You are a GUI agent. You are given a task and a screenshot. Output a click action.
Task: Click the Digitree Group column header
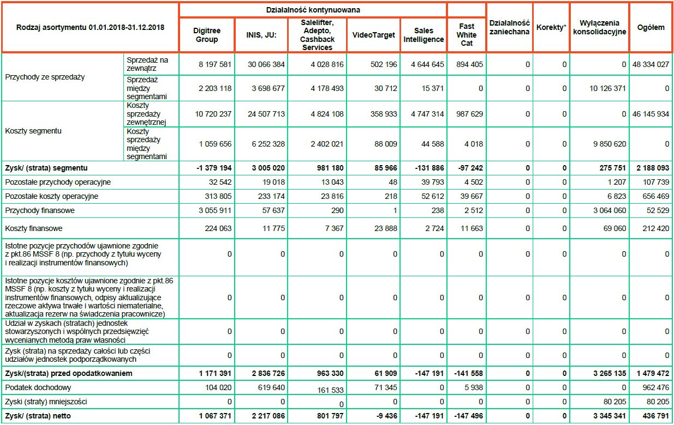coord(207,35)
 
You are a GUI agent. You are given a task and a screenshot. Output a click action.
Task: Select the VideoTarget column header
coord(373,35)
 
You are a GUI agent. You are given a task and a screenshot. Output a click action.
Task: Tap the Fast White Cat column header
coord(467,35)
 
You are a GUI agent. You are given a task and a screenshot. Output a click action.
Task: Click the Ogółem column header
coord(651,27)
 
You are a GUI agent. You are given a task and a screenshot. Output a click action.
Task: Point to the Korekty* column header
coord(551,27)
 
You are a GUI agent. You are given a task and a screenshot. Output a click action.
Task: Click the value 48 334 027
coord(651,65)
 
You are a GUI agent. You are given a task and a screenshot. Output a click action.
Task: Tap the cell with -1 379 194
coord(214,168)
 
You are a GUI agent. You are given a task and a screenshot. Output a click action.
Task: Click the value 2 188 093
coord(651,168)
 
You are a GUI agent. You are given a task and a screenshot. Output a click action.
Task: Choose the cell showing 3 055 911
coord(214,210)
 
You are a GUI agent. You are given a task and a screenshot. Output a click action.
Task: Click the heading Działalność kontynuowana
coord(313,10)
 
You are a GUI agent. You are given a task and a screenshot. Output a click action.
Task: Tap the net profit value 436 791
coord(654,416)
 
